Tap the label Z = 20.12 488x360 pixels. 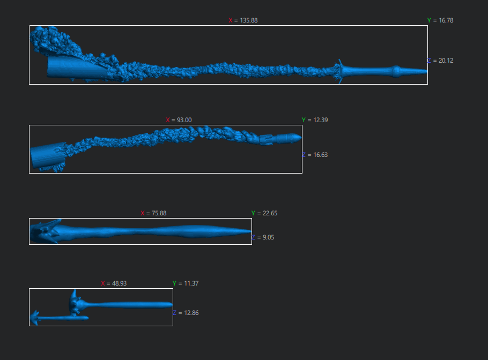pyautogui.click(x=440, y=61)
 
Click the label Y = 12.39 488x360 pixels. pyautogui.click(x=315, y=120)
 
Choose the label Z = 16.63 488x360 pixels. pyautogui.click(x=315, y=155)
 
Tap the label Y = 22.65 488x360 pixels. pyautogui.click(x=264, y=213)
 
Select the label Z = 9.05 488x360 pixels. pyautogui.click(x=263, y=237)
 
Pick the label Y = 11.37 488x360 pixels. pyautogui.click(x=186, y=283)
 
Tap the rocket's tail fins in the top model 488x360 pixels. pyautogui.click(x=339, y=72)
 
